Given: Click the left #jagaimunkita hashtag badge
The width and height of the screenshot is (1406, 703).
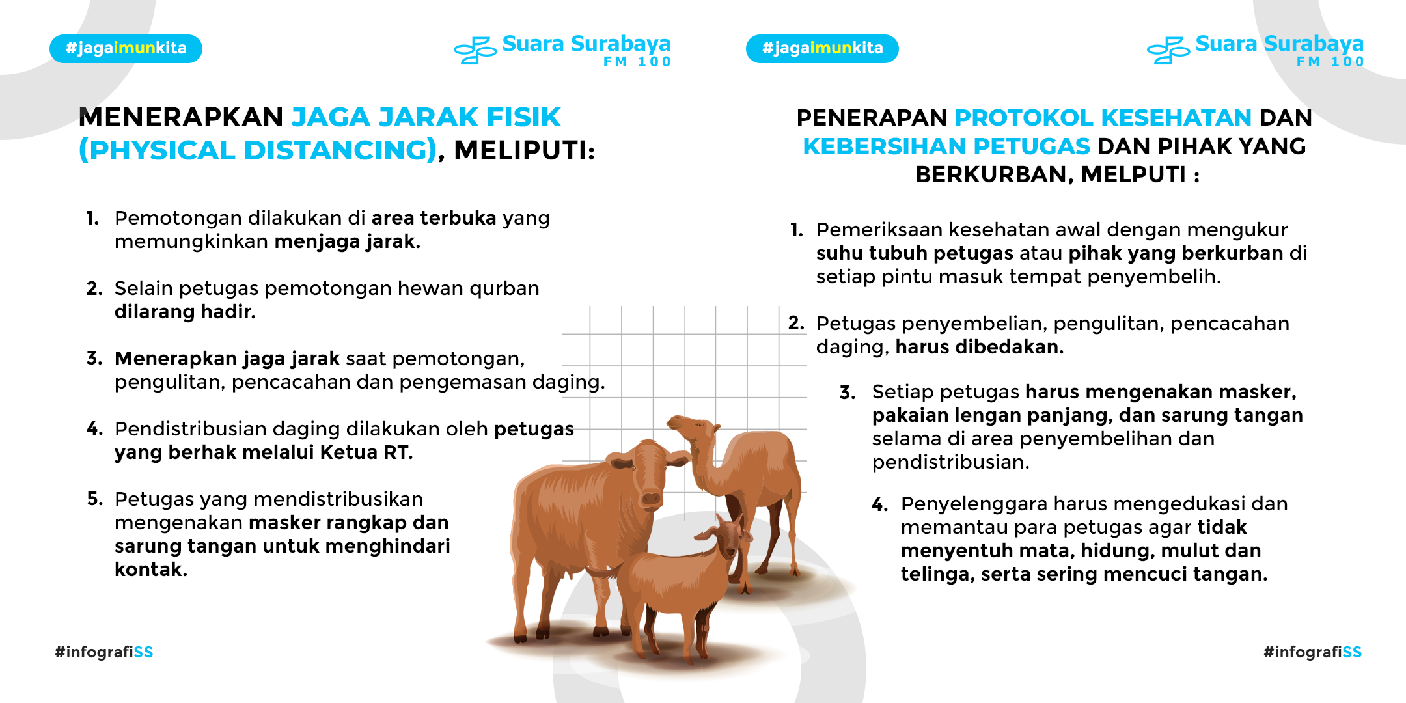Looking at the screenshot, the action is point(126,49).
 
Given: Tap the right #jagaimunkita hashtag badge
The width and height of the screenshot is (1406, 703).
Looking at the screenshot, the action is point(822,49).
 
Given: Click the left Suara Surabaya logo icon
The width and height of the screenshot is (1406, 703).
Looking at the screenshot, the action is point(475,50).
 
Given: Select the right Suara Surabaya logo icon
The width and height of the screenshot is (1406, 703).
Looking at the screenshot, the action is point(1168,50).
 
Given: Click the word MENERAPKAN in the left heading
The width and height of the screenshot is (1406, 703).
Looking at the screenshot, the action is point(181,117).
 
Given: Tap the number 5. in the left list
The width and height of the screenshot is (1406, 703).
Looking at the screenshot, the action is point(95,499).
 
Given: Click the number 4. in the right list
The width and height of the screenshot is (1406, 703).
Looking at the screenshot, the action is point(880,504).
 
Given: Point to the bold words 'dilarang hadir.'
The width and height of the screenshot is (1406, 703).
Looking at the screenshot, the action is point(185,312).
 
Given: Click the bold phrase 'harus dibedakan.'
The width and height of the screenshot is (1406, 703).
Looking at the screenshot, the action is point(980,347).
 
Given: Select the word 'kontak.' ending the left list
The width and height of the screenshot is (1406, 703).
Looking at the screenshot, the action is point(151,570).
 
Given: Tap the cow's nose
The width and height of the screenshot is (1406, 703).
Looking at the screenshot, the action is point(651,498).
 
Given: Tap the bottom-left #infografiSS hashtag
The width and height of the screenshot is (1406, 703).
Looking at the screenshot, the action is point(104,652).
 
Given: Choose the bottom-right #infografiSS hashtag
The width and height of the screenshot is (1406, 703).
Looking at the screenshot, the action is point(1312,652).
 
